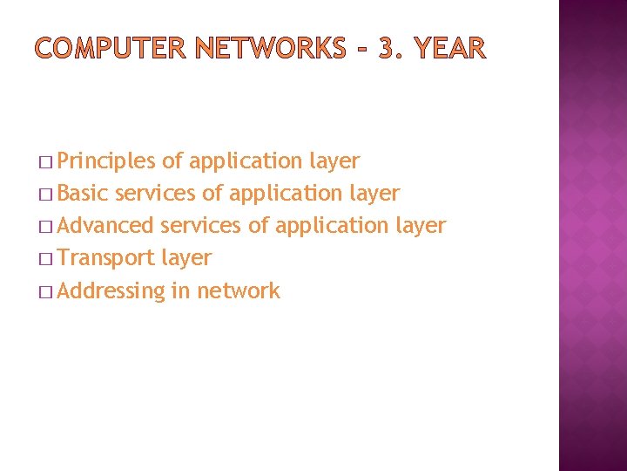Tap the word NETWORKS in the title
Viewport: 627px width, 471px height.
coord(270,49)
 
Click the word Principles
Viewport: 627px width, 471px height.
coord(107,161)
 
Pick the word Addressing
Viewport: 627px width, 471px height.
coord(111,291)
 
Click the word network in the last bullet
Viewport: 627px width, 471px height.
coord(239,290)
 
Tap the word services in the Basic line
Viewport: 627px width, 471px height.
coord(155,194)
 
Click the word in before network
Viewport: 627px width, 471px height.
coord(181,290)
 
